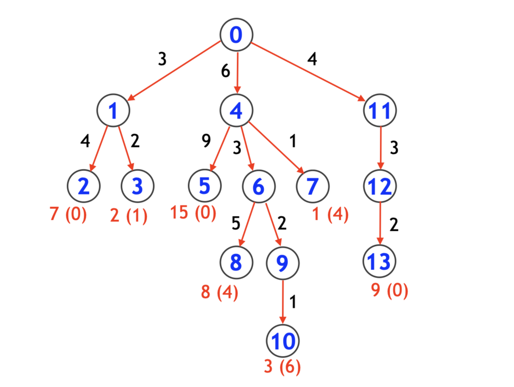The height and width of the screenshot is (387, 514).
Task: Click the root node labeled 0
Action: [236, 35]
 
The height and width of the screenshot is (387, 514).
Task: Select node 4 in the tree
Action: [236, 110]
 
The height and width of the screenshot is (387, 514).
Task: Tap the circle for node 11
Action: [380, 110]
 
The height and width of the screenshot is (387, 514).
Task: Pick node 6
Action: [259, 186]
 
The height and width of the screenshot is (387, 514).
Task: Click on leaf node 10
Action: [283, 341]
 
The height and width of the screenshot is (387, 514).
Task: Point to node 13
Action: [379, 261]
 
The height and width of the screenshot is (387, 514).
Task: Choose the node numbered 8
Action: [236, 262]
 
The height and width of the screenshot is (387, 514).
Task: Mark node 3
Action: [137, 186]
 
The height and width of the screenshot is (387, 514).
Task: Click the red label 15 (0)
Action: [193, 213]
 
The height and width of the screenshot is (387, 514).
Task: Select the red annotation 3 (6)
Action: [282, 366]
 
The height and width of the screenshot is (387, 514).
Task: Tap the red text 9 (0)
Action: [389, 290]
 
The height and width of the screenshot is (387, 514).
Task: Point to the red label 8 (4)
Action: [219, 292]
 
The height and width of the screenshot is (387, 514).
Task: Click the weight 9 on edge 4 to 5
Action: [206, 140]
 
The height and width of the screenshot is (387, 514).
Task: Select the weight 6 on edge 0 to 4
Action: [225, 71]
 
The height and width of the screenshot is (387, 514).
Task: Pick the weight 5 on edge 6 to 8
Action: [236, 223]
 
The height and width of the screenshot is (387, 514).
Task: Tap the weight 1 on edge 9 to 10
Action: [293, 302]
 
